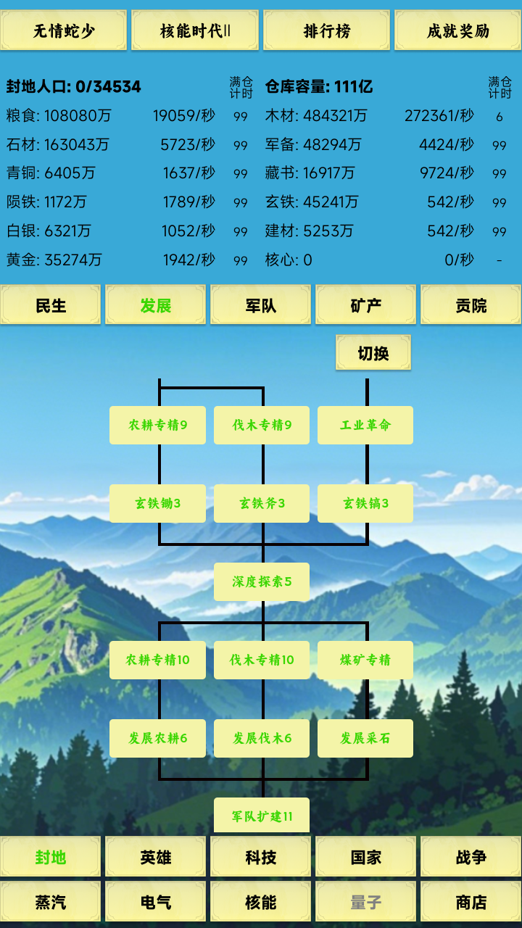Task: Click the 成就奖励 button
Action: [457, 30]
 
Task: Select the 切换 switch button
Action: [373, 353]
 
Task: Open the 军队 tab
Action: [260, 305]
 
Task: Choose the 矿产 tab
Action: [365, 305]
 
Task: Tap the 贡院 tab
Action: [471, 305]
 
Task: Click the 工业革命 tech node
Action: [365, 425]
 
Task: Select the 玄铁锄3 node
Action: [157, 503]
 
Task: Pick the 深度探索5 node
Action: [262, 581]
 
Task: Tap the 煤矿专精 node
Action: [365, 660]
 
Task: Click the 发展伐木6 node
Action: [262, 738]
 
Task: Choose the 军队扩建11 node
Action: [262, 816]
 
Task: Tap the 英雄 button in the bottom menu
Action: [156, 857]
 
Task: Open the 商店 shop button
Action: [471, 902]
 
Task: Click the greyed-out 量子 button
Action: [365, 902]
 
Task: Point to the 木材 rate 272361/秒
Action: [439, 115]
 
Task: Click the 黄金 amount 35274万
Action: [73, 260]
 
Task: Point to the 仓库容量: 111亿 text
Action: [319, 87]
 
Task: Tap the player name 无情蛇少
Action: [64, 30]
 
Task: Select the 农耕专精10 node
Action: [157, 660]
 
